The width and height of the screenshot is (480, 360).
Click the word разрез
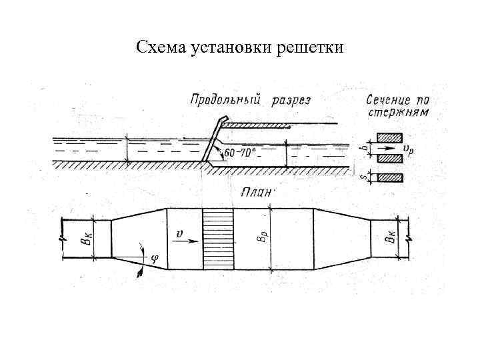[x=291, y=100]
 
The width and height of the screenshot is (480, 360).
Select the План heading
[x=257, y=192]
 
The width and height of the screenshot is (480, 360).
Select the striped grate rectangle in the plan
[x=218, y=239]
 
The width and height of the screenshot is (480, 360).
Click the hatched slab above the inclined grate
[x=257, y=125]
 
